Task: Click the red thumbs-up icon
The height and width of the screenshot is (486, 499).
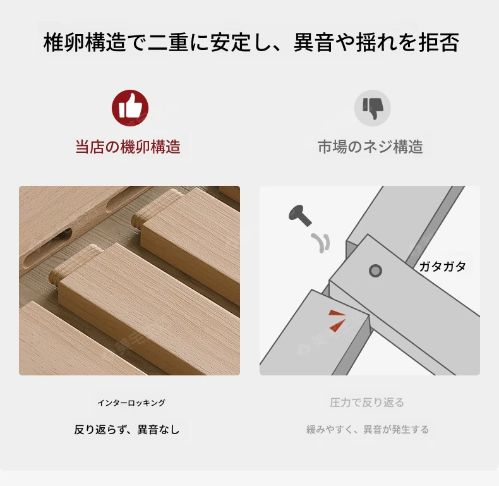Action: pos(130,107)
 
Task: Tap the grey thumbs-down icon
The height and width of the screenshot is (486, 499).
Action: pos(372,107)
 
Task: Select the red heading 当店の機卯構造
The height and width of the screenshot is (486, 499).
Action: pos(128,147)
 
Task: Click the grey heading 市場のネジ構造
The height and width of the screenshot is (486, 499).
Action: pos(370,147)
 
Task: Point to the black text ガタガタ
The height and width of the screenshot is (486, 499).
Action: pos(442,266)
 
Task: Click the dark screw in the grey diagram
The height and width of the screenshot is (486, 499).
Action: pos(300,216)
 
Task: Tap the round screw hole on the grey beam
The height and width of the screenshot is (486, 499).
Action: pos(375,271)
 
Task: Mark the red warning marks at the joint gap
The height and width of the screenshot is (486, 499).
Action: pos(337,320)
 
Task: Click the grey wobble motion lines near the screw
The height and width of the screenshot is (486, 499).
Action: pos(321,243)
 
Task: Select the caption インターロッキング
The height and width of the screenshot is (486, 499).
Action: pos(131,403)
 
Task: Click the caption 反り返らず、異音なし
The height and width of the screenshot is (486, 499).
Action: pos(127,430)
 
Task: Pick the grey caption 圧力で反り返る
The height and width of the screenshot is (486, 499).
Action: pos(367,403)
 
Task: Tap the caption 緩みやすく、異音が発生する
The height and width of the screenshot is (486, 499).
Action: pos(368,430)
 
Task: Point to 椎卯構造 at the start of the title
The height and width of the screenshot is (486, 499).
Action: pos(85,42)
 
